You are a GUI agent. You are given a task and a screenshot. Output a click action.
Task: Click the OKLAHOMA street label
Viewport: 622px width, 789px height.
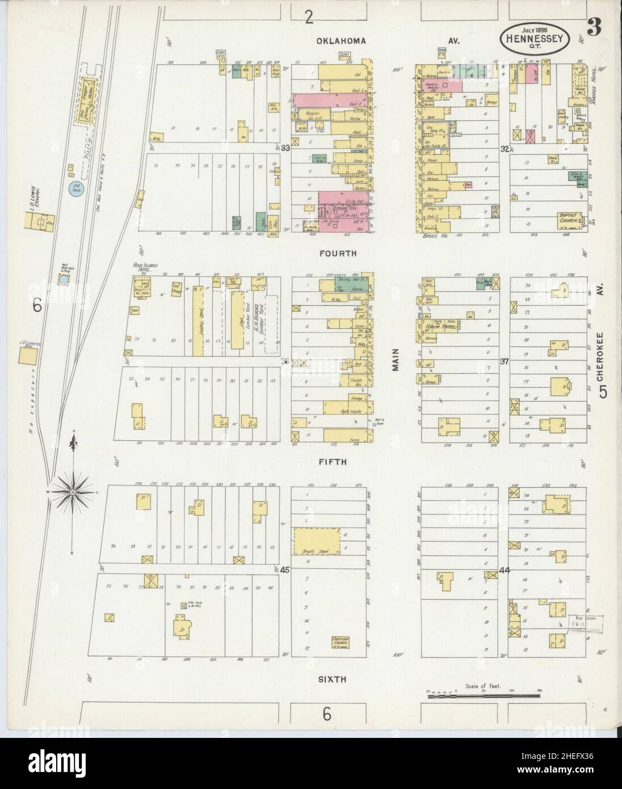(x=341, y=41)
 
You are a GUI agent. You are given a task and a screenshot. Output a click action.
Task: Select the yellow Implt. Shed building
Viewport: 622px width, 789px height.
(x=316, y=541)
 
